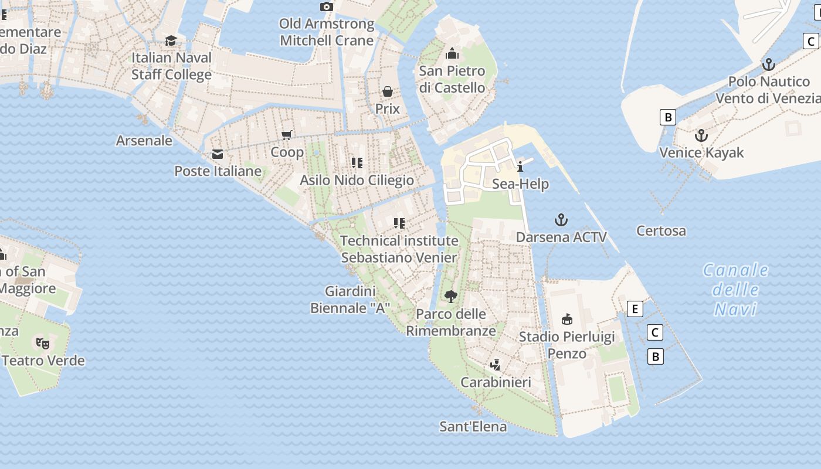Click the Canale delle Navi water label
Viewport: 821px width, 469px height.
pos(735,289)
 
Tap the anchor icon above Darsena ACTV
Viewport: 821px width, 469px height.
pos(561,220)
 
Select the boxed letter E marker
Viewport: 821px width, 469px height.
pos(635,309)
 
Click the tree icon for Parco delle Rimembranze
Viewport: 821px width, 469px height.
pos(451,296)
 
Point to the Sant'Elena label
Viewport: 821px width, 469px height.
pos(473,426)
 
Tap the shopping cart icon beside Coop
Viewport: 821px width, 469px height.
pos(287,135)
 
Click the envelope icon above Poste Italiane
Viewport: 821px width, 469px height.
pos(218,154)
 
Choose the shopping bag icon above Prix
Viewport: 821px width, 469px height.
pos(388,91)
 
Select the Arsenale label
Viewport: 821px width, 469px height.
pos(144,141)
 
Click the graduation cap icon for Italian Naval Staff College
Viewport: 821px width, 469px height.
pos(171,40)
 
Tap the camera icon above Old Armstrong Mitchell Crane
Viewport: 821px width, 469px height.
pos(327,7)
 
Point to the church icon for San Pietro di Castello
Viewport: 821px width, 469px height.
pos(452,54)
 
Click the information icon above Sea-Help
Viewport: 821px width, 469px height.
pos(520,166)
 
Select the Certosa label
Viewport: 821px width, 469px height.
pos(661,231)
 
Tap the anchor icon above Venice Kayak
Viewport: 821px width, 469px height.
pos(701,136)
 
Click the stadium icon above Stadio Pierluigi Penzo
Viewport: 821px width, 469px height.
pos(566,320)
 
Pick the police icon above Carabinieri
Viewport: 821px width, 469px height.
pos(496,365)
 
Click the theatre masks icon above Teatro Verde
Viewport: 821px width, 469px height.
pos(42,343)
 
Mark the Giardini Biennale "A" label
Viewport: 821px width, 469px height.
pos(350,300)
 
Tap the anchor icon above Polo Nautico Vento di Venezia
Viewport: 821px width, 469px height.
pos(768,64)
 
